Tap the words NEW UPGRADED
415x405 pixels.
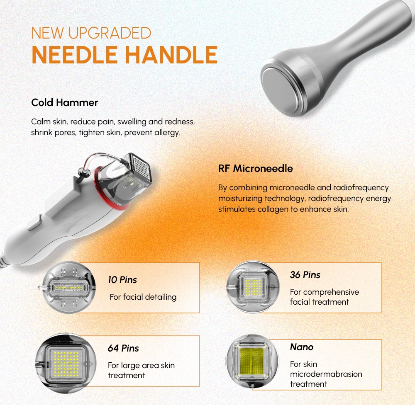91,33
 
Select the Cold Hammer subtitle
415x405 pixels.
65,102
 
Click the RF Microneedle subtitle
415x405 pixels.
255,169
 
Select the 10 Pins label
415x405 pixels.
122,280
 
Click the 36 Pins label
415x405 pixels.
305,275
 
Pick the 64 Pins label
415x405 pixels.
123,348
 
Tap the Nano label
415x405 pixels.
302,347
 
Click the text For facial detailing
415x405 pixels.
143,297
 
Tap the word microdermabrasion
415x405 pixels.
326,374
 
